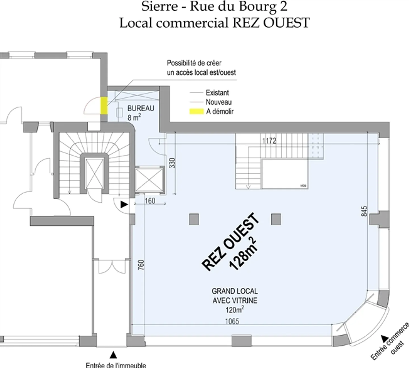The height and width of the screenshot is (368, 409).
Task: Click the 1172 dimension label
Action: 269,141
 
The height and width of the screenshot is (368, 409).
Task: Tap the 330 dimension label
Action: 172,163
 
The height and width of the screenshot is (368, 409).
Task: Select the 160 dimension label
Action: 150,201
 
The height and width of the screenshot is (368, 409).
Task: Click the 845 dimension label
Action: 364,211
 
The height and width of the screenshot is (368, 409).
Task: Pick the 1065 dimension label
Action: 232,321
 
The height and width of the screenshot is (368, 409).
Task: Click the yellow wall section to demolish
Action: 104,105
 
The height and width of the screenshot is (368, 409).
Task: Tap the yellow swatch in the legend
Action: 196,112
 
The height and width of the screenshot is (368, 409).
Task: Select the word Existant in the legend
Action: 217,93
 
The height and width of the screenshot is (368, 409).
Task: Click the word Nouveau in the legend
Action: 218,102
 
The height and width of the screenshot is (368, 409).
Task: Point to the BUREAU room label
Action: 141,108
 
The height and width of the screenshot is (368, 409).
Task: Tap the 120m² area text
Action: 235,309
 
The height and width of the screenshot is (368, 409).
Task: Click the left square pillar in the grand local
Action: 194,219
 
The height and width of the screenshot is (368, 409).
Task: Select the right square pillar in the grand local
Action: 276,219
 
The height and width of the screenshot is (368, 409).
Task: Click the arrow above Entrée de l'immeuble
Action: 113,354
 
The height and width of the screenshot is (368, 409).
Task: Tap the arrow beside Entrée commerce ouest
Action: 385,338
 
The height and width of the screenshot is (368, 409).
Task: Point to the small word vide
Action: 303,186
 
